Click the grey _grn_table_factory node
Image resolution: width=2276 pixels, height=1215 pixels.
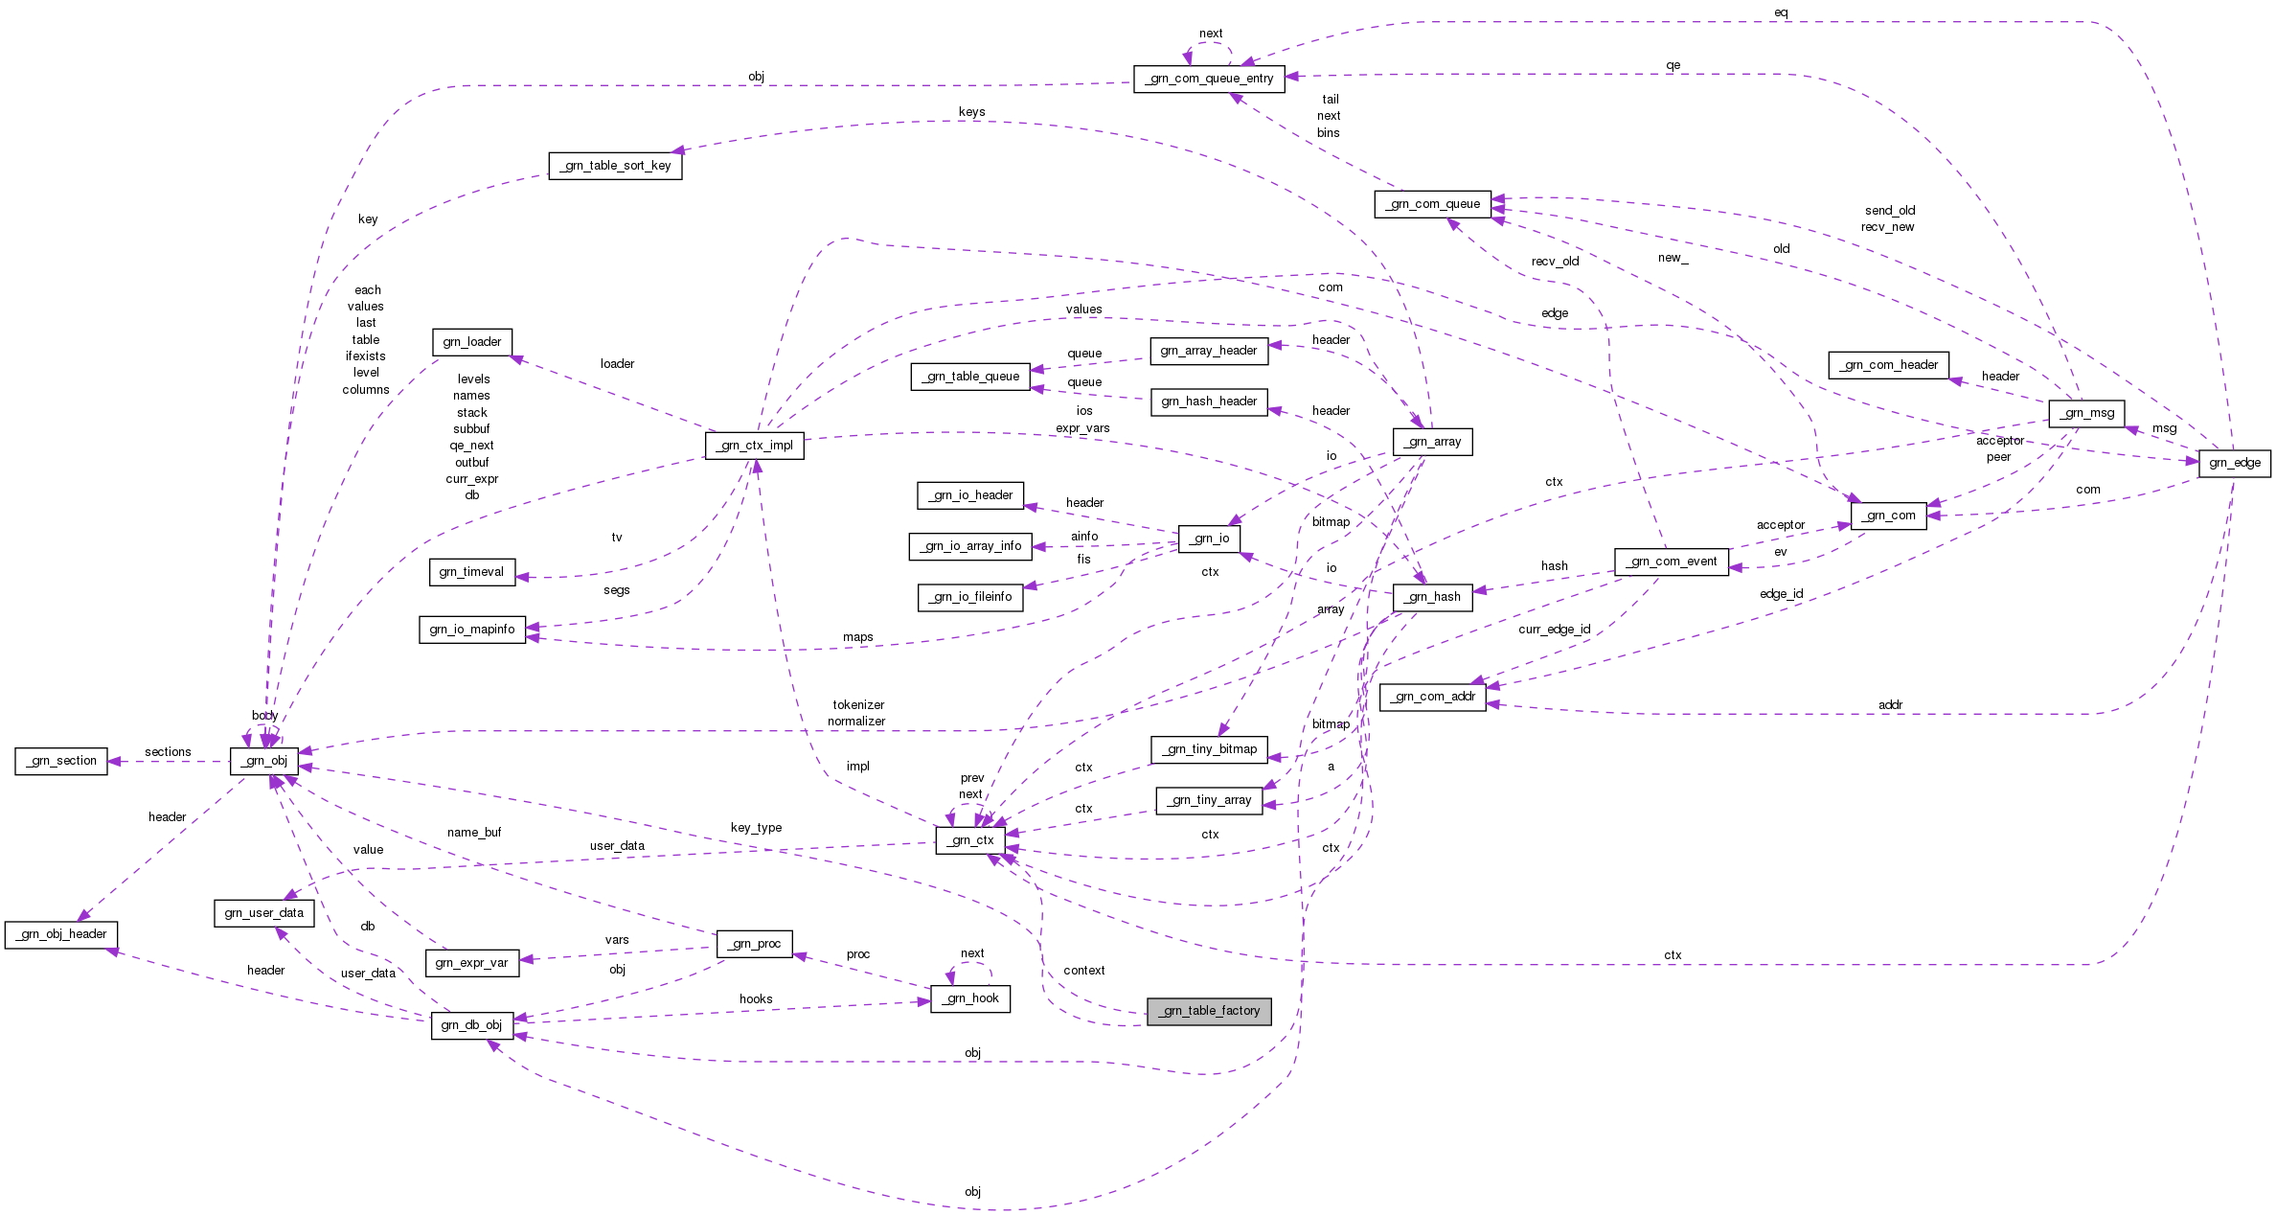pos(1209,1011)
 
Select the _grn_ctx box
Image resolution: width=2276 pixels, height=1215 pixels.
pos(970,840)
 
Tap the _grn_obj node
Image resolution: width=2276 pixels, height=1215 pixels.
pos(264,761)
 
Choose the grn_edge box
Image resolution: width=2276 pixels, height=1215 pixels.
pos(2234,463)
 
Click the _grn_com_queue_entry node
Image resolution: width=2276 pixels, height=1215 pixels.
pos(1209,79)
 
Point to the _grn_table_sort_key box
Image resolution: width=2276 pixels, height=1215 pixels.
pos(615,166)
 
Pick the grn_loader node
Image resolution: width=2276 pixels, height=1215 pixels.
pos(471,342)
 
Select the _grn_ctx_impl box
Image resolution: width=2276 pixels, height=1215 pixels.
pos(754,446)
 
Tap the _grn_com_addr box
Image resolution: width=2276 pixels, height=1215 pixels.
pos(1432,697)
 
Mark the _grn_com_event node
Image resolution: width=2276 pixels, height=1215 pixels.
pos(1671,562)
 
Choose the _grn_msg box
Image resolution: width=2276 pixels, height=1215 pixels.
pos(2086,413)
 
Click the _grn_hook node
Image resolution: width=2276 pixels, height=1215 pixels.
pos(970,998)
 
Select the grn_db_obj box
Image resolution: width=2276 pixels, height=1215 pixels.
pos(471,1025)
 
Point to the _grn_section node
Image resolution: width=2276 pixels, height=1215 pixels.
pos(61,761)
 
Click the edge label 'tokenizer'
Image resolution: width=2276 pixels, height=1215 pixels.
pos(858,705)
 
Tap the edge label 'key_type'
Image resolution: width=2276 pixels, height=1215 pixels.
pos(756,828)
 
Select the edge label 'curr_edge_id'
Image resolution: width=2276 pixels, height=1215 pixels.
pos(1554,630)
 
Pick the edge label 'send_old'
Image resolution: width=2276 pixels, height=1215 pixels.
pos(1889,211)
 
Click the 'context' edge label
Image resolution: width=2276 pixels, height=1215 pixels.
pos(1083,971)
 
